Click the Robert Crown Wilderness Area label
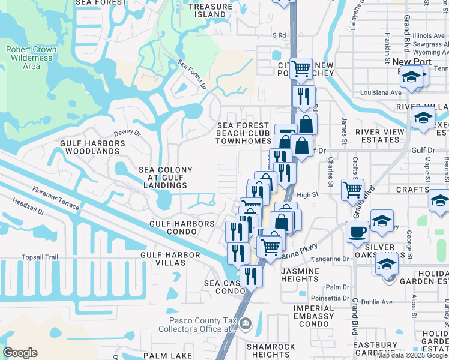31,58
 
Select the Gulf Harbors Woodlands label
92,147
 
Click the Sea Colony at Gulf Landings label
166,178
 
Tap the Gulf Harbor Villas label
170,255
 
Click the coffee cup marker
357,231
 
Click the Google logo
20,353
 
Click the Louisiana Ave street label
380,93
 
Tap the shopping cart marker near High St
352,190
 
